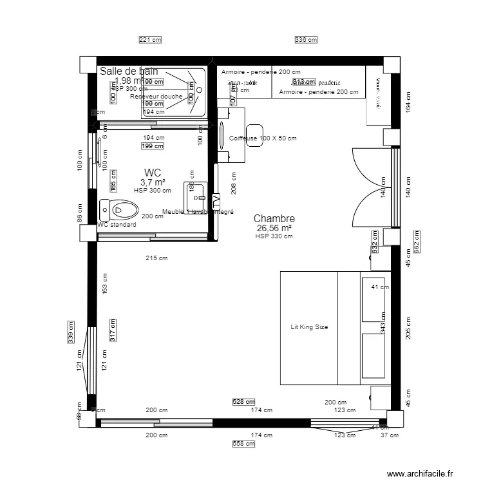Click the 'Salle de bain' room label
[129, 71]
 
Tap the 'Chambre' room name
[274, 220]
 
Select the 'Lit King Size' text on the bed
[309, 327]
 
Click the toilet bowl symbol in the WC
[120, 209]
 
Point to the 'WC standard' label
[117, 225]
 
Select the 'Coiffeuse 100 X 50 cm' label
[263, 138]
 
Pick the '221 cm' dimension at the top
[150, 40]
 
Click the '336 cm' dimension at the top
[306, 40]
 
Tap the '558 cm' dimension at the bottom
[243, 444]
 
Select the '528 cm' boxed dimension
[242, 402]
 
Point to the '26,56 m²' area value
[274, 229]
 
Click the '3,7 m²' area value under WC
[153, 182]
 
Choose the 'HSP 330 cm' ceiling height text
[274, 236]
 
